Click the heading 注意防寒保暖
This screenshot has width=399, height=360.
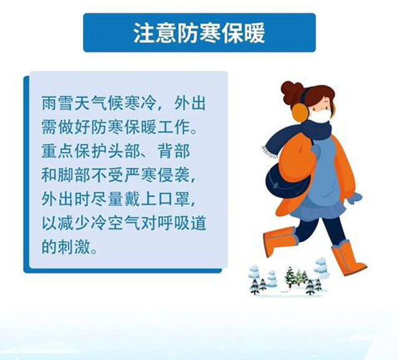pos(199,33)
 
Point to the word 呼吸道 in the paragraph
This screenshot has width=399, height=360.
pos(182,223)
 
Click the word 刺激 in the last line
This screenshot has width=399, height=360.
pos(74,247)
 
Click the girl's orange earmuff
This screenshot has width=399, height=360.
pos(300,112)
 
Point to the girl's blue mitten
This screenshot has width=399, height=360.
pos(355,198)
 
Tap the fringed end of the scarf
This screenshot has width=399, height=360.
pos(270,152)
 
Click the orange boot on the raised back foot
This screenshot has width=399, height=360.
pos(279,240)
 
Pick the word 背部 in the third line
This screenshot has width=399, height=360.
pos(174,151)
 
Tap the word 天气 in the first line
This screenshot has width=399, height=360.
pos(90,103)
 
